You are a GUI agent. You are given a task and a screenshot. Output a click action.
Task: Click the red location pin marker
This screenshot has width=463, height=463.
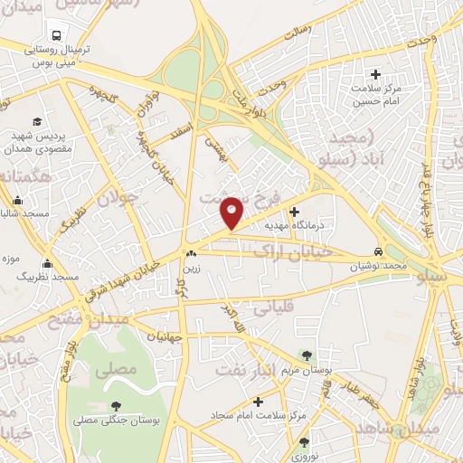pyautogui.click(x=231, y=212)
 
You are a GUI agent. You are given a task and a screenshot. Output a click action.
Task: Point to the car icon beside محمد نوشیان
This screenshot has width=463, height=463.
pyautogui.click(x=378, y=252)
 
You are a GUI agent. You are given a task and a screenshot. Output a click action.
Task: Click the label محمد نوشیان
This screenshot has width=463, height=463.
pyautogui.click(x=378, y=266)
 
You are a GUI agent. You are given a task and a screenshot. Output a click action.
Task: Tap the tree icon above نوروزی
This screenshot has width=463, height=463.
pyautogui.click(x=303, y=442)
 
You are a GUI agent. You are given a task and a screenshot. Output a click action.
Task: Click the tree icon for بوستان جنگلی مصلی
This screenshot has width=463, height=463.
pyautogui.click(x=115, y=407)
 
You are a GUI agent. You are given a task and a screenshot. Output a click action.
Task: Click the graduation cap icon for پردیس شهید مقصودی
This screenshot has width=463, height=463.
pyautogui.click(x=37, y=121)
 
